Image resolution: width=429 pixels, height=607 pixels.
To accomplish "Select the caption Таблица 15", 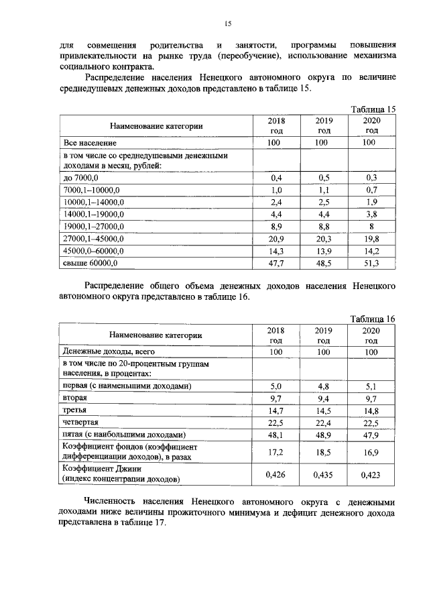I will coord(374,109).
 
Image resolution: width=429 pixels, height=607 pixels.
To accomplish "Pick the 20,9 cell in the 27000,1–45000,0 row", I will coord(276,238).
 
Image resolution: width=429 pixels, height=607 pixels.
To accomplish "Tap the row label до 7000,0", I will coord(81,178).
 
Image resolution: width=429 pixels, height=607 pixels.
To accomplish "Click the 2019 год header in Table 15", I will coord(324,125).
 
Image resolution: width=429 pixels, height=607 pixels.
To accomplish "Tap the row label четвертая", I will coord(81,422).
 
